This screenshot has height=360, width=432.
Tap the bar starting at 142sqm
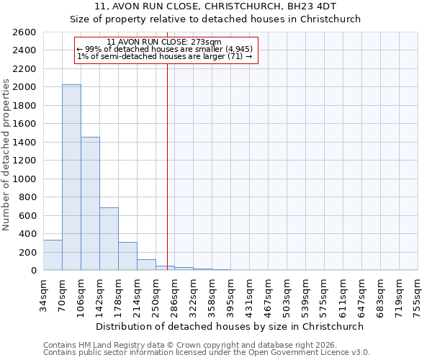pos(109,238)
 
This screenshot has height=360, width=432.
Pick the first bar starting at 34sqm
pos(53,255)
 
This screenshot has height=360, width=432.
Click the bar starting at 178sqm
pos(127,256)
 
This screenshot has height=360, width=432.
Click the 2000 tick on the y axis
pos(26,87)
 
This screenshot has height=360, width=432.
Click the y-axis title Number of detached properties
pos(6,151)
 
